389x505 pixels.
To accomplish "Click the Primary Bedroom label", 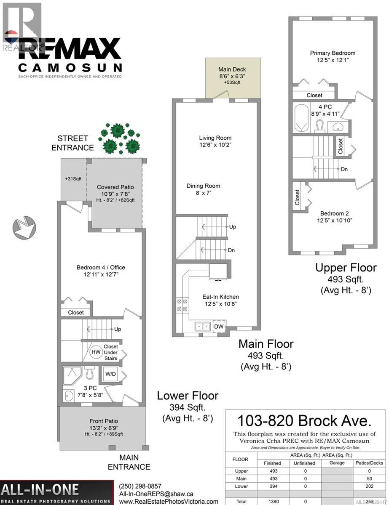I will pos(333,53).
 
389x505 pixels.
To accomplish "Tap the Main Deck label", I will pos(232,69).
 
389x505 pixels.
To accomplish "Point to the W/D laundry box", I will pos(111,374).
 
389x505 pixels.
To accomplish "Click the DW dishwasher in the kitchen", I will pos(219,326).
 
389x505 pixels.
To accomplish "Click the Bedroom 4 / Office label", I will pos(101,267).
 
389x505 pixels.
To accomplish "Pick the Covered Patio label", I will pos(114,187).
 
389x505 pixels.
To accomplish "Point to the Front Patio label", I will pos(104,421).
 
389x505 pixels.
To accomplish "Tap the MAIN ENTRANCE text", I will pos(129,462).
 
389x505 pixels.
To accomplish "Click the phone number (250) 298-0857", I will pos(140,486).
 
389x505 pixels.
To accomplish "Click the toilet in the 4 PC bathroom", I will pos(320,125).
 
